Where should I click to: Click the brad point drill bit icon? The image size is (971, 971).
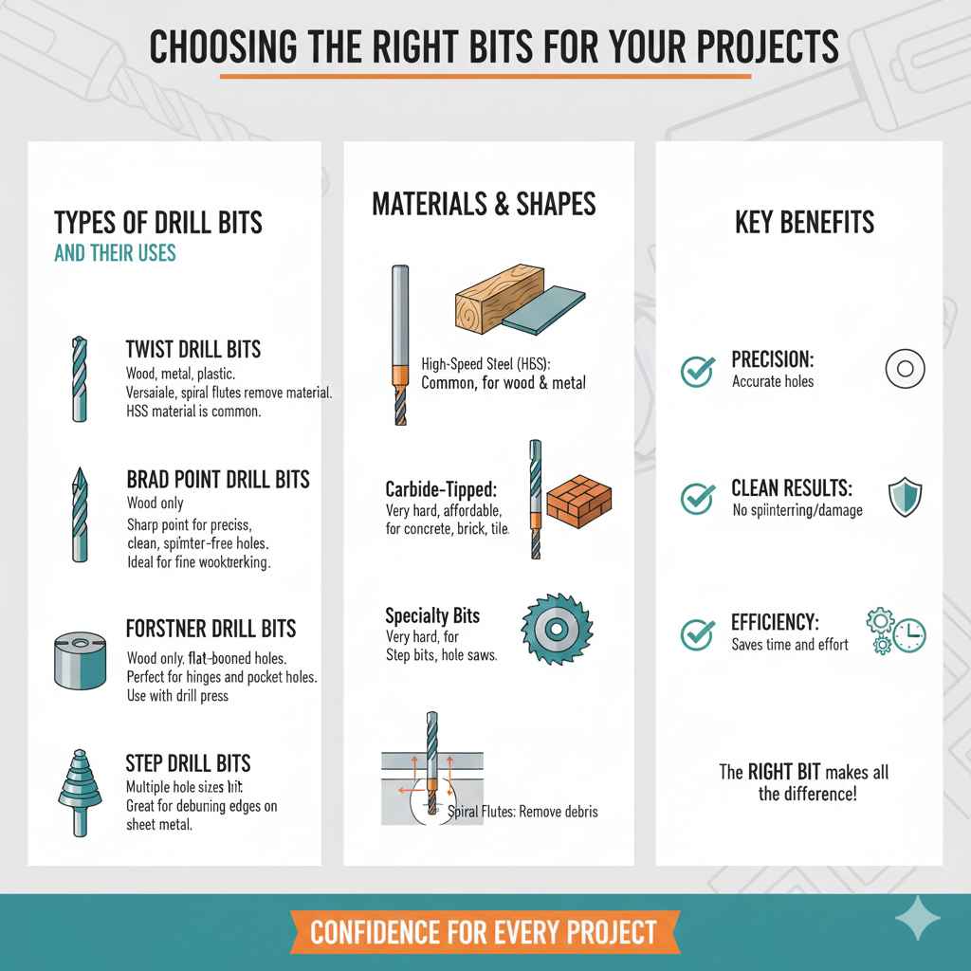click(77, 518)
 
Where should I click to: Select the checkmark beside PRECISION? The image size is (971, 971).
click(698, 371)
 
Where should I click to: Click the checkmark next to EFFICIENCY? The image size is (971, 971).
click(698, 632)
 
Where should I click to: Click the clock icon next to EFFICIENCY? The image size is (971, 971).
click(909, 635)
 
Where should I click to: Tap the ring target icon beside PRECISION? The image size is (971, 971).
click(905, 368)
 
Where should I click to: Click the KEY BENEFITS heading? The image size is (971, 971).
click(804, 223)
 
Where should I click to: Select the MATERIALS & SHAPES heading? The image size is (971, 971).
click(484, 203)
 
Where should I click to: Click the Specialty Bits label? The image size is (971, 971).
click(432, 615)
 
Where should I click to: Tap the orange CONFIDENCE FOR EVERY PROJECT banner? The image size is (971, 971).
click(484, 932)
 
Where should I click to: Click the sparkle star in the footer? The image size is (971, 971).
click(918, 921)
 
